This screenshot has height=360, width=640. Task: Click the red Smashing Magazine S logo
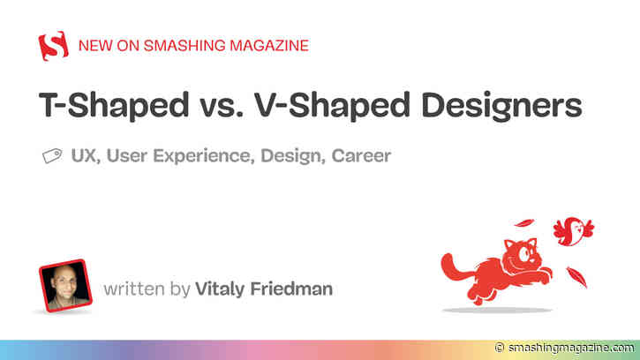point(54,43)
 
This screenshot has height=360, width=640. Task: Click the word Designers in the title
point(497,106)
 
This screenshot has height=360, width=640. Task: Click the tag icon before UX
point(52,157)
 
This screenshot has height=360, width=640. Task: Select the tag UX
point(84,156)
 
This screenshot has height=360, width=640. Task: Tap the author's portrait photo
point(64,285)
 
